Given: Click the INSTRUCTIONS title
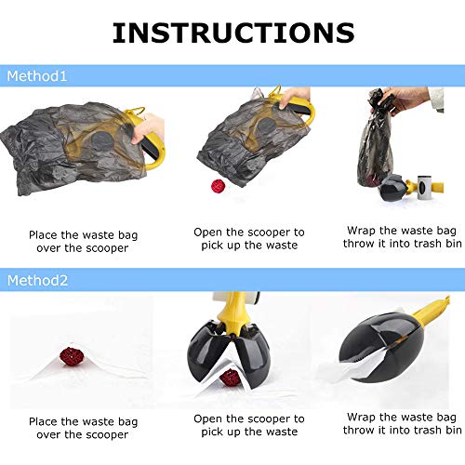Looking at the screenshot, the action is [233, 33].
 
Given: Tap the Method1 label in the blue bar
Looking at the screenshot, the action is [37, 76].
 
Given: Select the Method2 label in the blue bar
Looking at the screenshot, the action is [37, 281].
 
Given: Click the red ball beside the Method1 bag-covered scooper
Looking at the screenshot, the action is [219, 186].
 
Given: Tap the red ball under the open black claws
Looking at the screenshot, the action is [230, 378].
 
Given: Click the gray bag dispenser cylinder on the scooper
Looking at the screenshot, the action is [424, 188].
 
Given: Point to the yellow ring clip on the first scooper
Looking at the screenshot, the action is [136, 110].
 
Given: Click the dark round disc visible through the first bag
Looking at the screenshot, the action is [102, 141].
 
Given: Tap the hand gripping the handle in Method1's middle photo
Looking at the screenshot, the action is [295, 97].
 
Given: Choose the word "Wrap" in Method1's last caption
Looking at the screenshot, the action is [361, 231].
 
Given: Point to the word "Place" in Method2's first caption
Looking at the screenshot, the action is [44, 421].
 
